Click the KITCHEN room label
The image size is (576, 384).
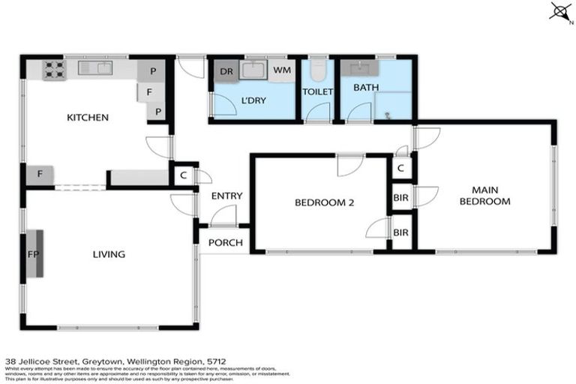pyautogui.click(x=88, y=118)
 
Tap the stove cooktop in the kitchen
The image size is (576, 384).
pyautogui.click(x=52, y=70)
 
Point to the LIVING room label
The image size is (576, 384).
pyautogui.click(x=109, y=254)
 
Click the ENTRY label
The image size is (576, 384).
pyautogui.click(x=226, y=196)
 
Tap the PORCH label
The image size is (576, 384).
pyautogui.click(x=223, y=242)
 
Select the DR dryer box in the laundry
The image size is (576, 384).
pyautogui.click(x=225, y=72)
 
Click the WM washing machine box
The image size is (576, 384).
pyautogui.click(x=282, y=70)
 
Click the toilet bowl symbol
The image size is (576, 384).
pyautogui.click(x=317, y=70)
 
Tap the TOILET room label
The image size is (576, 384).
pyautogui.click(x=317, y=91)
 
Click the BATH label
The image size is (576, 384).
pyautogui.click(x=366, y=88)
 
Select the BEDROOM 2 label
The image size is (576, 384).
pyautogui.click(x=324, y=202)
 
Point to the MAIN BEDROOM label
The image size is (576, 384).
pyautogui.click(x=484, y=196)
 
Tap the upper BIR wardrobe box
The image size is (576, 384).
pyautogui.click(x=401, y=198)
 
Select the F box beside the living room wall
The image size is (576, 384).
pyautogui.click(x=39, y=175)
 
